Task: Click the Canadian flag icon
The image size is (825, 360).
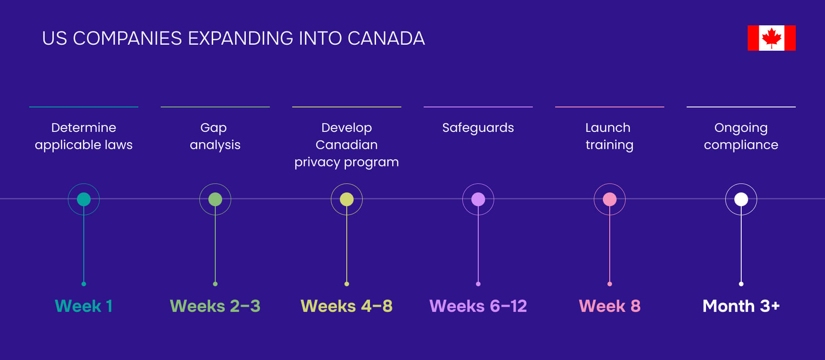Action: (x=771, y=38)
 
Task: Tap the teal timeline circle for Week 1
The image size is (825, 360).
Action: (x=84, y=199)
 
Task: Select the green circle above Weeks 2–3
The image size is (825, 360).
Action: (x=215, y=199)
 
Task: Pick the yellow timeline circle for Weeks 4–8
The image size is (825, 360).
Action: (x=347, y=199)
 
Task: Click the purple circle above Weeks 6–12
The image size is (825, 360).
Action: (x=478, y=199)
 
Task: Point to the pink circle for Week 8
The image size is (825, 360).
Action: (x=610, y=199)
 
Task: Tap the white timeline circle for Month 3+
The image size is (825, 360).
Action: (x=741, y=199)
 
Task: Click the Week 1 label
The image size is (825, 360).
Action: (x=84, y=306)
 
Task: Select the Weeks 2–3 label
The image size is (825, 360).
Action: (x=215, y=306)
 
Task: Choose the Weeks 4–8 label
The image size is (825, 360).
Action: (x=347, y=306)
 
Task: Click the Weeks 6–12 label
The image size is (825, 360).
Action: (x=478, y=306)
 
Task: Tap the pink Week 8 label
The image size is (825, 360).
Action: (x=610, y=306)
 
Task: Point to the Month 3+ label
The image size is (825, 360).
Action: (x=741, y=306)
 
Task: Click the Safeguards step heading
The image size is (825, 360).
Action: (x=478, y=128)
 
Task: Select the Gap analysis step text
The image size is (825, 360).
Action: (x=215, y=136)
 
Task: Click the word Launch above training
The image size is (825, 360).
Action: (x=608, y=128)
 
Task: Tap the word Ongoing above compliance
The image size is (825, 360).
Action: (x=741, y=128)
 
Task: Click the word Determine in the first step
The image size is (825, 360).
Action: (x=84, y=128)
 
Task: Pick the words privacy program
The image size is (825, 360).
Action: (x=347, y=162)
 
